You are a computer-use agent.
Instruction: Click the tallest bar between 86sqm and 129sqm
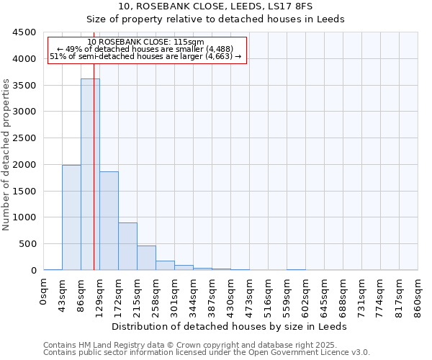[x=90, y=174]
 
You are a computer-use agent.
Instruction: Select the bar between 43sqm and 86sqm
[x=71, y=217]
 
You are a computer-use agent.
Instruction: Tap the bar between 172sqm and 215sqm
[x=127, y=246]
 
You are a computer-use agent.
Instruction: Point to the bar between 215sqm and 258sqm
[x=146, y=258]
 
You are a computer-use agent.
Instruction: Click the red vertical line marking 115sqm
[x=94, y=180]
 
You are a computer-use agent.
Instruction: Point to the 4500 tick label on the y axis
[x=24, y=32]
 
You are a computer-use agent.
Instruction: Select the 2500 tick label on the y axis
[x=24, y=138]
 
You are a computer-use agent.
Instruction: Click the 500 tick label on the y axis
[x=27, y=244]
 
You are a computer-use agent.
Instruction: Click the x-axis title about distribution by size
[x=230, y=326]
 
